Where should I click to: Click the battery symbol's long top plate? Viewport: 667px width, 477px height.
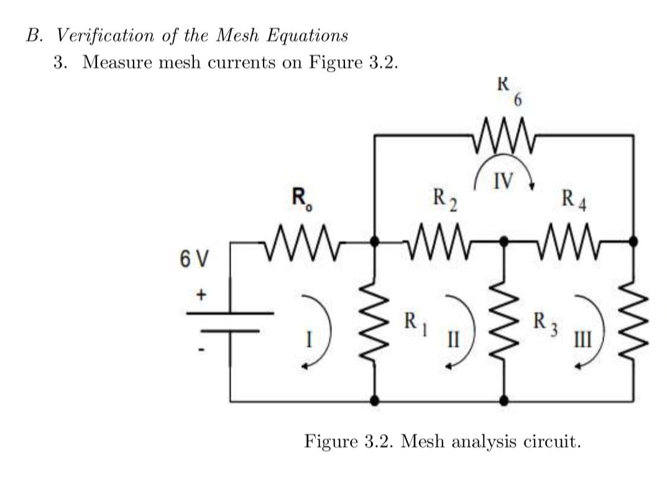pos(231,313)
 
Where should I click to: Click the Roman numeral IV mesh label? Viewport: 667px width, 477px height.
pos(504,181)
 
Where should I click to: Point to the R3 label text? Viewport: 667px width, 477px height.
pos(543,323)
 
